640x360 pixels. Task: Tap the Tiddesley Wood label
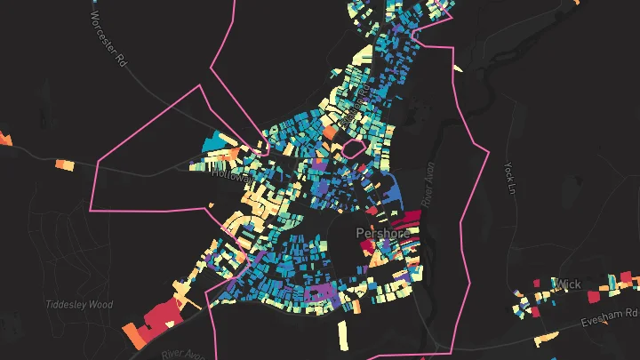click(x=80, y=304)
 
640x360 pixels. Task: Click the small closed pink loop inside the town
click(x=353, y=148)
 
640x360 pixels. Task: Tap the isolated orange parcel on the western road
click(x=65, y=164)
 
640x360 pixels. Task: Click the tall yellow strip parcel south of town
click(x=344, y=336)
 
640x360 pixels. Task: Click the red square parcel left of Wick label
click(x=537, y=284)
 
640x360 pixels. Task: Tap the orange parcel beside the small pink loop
click(x=328, y=132)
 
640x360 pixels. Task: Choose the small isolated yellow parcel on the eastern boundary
click(x=457, y=68)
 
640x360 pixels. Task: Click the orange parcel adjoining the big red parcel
click(x=132, y=334)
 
